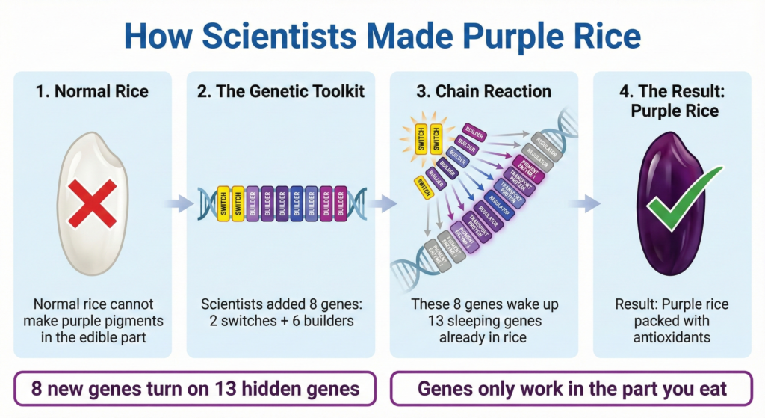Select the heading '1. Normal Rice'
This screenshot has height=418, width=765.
pos(92,92)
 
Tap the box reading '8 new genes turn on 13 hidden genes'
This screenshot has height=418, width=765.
pos(196,390)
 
